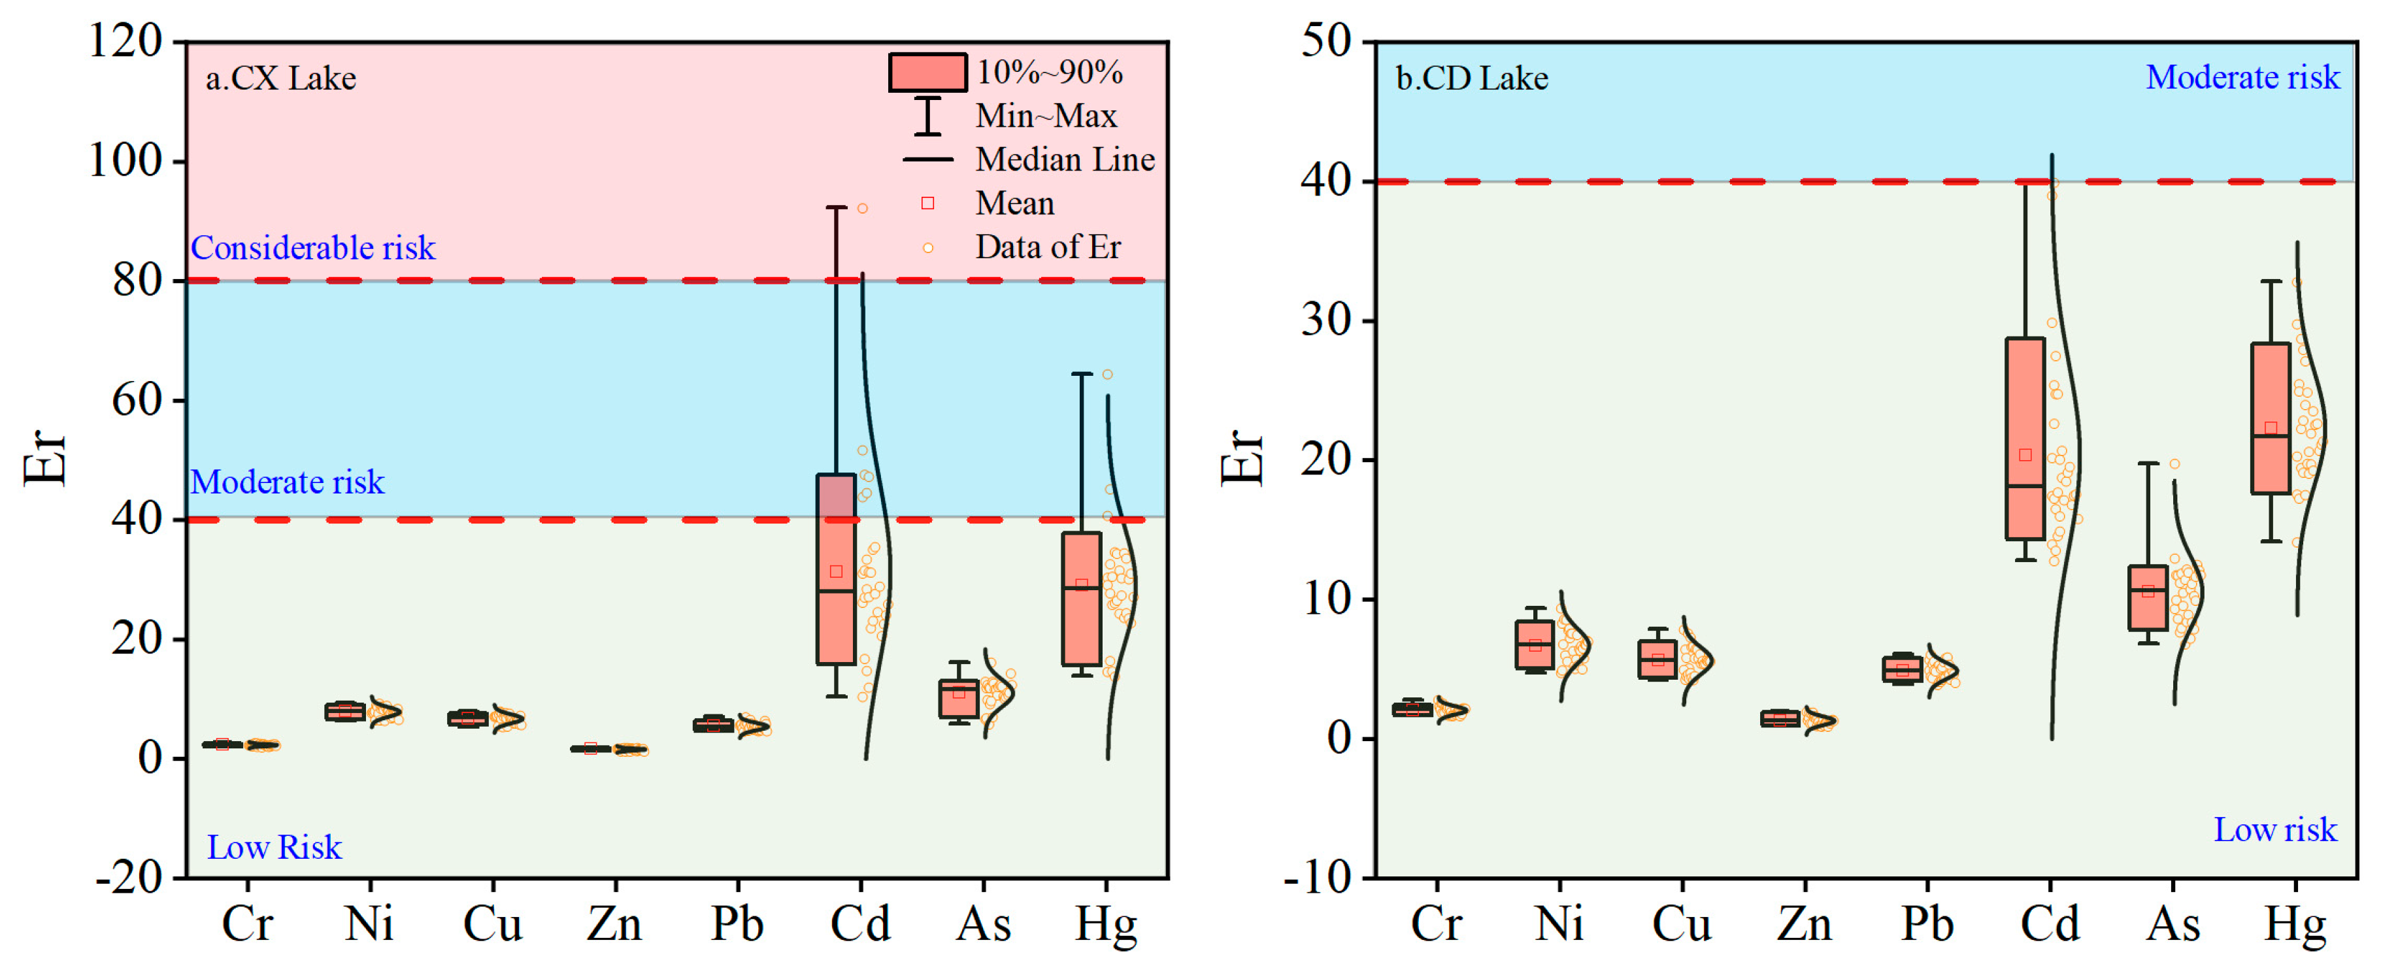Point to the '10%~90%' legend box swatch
927,72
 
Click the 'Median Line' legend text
1065,160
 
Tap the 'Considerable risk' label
312,248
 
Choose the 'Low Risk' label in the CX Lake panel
274,847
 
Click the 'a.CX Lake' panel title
280,78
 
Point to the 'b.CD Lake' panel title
1471,78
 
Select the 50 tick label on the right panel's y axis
1325,42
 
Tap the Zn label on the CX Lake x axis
614,924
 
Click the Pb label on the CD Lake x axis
1927,924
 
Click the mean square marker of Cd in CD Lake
2024,455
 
